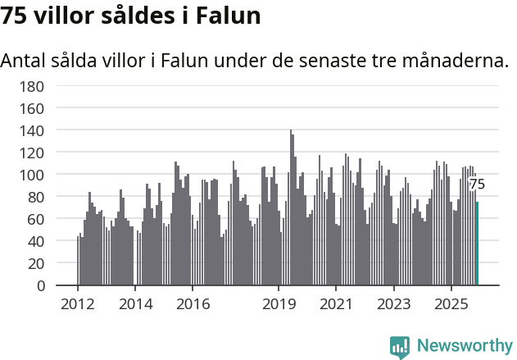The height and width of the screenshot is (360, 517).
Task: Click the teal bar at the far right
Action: pos(477,244)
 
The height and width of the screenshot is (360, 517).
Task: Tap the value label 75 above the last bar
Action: pos(477,185)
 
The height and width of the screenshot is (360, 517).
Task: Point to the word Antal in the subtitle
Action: pos(26,61)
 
